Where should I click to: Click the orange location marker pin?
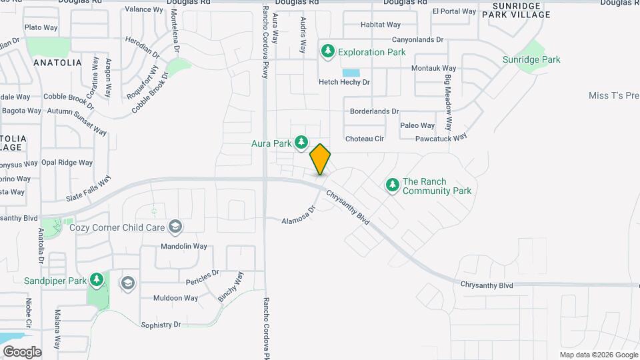coord(320,159)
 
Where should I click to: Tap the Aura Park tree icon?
coord(301,141)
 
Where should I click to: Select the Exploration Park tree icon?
coord(327,51)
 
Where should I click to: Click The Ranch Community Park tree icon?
coord(393,185)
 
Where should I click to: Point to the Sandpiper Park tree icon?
coord(97,279)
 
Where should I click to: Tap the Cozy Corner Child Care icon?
coord(175,227)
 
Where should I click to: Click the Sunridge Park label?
coord(531,59)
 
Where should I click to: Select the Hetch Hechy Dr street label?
coord(343,82)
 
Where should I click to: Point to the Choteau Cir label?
coord(365,139)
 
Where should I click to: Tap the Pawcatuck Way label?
coord(440,139)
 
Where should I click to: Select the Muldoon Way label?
coord(176,298)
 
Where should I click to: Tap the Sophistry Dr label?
coord(161,325)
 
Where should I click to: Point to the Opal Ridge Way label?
coord(67,163)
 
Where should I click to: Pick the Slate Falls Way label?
coord(88,189)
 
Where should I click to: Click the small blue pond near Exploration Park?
coord(351,72)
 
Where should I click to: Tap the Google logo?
coord(22,351)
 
